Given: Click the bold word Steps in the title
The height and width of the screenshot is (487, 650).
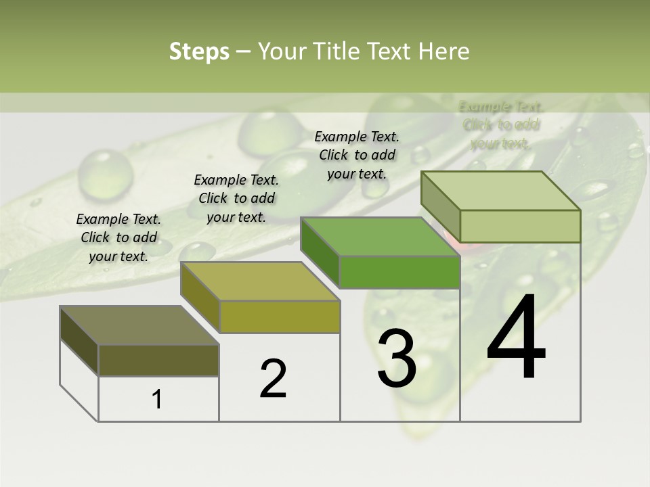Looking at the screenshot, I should click(199, 51).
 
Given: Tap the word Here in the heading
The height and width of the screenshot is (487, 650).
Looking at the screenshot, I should click(444, 51).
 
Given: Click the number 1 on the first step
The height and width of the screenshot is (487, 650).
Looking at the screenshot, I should click(157, 399).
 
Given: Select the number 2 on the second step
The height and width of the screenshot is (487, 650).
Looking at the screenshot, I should click(273, 379).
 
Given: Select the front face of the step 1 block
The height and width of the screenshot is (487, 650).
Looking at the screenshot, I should click(158, 360).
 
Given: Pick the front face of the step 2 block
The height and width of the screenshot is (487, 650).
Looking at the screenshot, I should click(279, 317).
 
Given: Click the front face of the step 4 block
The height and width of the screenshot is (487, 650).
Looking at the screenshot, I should click(519, 226).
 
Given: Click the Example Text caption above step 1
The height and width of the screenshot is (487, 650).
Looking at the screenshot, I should click(118, 237).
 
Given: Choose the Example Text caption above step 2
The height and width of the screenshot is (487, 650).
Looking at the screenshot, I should click(236, 198).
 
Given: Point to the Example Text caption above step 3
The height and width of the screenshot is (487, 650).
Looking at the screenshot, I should click(357, 155).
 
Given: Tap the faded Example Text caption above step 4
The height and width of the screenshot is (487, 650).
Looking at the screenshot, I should click(501, 124).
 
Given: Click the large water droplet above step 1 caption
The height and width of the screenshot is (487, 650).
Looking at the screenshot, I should click(105, 170).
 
